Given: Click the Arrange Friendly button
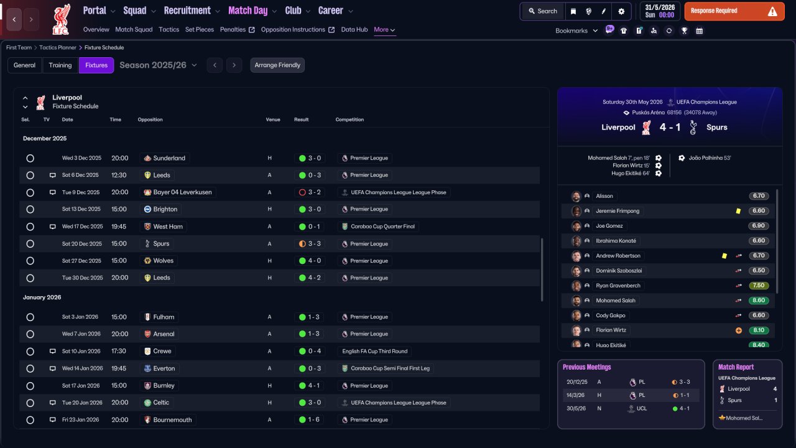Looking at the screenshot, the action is (x=277, y=65).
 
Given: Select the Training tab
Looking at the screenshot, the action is (x=60, y=65).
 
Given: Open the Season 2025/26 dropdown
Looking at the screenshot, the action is (x=158, y=65).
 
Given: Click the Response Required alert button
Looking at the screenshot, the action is (x=734, y=11).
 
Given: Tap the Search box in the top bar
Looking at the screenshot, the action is (x=543, y=11).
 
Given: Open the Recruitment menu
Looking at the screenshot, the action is (x=192, y=11).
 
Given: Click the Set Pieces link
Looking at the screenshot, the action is (x=200, y=29).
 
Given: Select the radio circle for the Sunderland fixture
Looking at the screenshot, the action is (x=30, y=158).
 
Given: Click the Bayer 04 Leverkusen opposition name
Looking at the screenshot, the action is (x=182, y=192).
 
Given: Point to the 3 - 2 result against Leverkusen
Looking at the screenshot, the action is (x=310, y=192).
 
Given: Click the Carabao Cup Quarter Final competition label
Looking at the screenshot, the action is (x=382, y=226).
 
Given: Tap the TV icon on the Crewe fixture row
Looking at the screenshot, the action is (x=53, y=352).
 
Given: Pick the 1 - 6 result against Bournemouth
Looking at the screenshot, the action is (x=309, y=420).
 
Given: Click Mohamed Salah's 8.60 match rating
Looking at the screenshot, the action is (x=758, y=301).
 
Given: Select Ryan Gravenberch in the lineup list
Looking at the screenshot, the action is (x=618, y=286).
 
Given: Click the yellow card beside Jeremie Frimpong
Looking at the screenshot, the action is (x=738, y=211).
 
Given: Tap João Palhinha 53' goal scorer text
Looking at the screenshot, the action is (x=710, y=158).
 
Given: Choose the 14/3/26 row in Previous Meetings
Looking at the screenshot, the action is (x=631, y=395).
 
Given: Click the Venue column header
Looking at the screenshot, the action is (x=273, y=119).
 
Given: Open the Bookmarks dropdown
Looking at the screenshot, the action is (x=576, y=30).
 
